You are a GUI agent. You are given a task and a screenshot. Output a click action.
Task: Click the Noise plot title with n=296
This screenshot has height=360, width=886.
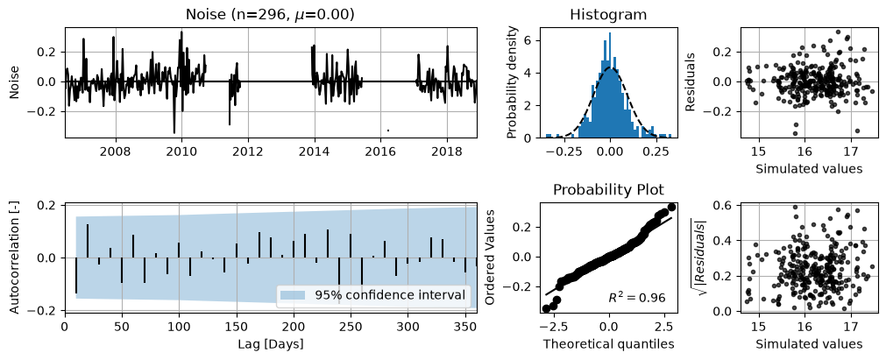[x=271, y=15]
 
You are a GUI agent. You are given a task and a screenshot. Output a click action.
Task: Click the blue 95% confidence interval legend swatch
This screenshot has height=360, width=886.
[x=293, y=295]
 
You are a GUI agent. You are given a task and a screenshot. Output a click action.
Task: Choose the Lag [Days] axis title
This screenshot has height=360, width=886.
[x=270, y=343]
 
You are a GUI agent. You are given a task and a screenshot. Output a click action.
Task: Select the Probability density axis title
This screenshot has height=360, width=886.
[x=511, y=82]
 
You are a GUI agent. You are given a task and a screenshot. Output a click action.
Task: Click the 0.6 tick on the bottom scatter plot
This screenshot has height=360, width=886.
[x=727, y=206]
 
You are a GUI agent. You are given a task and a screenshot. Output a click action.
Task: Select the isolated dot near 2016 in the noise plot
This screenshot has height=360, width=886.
[x=387, y=131]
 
